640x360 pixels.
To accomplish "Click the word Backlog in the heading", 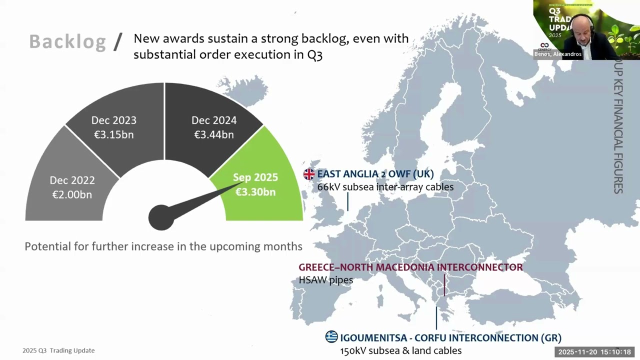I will (67, 42).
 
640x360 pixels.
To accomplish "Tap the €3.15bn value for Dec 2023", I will (114, 134).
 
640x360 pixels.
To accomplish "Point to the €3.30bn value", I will (255, 192).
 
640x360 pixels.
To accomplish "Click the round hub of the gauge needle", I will (161, 217).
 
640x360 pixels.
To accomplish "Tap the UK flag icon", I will (309, 174).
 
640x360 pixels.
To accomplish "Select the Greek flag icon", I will (331, 337).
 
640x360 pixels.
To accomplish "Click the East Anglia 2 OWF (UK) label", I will (375, 174).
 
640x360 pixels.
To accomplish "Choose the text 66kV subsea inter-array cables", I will (385, 187).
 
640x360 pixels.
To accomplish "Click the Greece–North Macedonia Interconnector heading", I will (410, 267).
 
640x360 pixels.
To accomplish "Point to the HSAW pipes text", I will (325, 280).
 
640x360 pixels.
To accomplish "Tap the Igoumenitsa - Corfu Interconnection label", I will (450, 337).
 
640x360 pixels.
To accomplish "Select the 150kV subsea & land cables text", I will (400, 350).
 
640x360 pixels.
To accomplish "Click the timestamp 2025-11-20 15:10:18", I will (594, 352).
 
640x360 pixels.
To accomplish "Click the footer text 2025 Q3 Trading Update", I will (58, 350).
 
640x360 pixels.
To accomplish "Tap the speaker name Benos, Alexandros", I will (557, 54).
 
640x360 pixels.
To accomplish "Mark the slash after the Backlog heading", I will (118, 42).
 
